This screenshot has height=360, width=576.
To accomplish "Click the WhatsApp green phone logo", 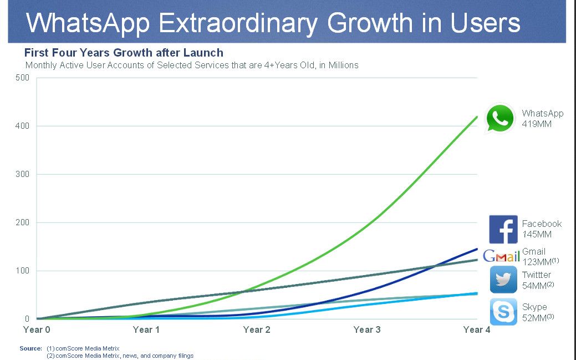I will click(501, 118).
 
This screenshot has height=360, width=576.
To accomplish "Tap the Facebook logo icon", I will click(503, 229).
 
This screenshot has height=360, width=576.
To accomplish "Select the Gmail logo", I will click(501, 256).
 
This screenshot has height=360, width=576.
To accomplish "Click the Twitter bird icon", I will click(503, 280).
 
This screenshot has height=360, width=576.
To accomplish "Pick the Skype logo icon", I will click(503, 312).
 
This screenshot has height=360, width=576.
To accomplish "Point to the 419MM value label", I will click(537, 124).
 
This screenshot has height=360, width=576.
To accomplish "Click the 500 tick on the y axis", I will click(22, 78).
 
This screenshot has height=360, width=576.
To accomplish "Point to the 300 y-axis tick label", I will click(22, 174).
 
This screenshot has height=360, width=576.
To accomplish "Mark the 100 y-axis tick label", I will click(22, 271).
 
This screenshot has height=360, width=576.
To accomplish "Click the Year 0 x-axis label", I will click(37, 329).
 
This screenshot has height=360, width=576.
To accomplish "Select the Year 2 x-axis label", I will click(257, 329).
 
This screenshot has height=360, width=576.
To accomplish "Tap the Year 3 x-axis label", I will click(367, 329).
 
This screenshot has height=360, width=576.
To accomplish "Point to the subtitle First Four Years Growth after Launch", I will click(124, 53).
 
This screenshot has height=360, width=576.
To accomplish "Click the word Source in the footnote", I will click(31, 348).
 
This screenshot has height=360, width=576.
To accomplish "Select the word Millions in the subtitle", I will click(343, 65).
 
